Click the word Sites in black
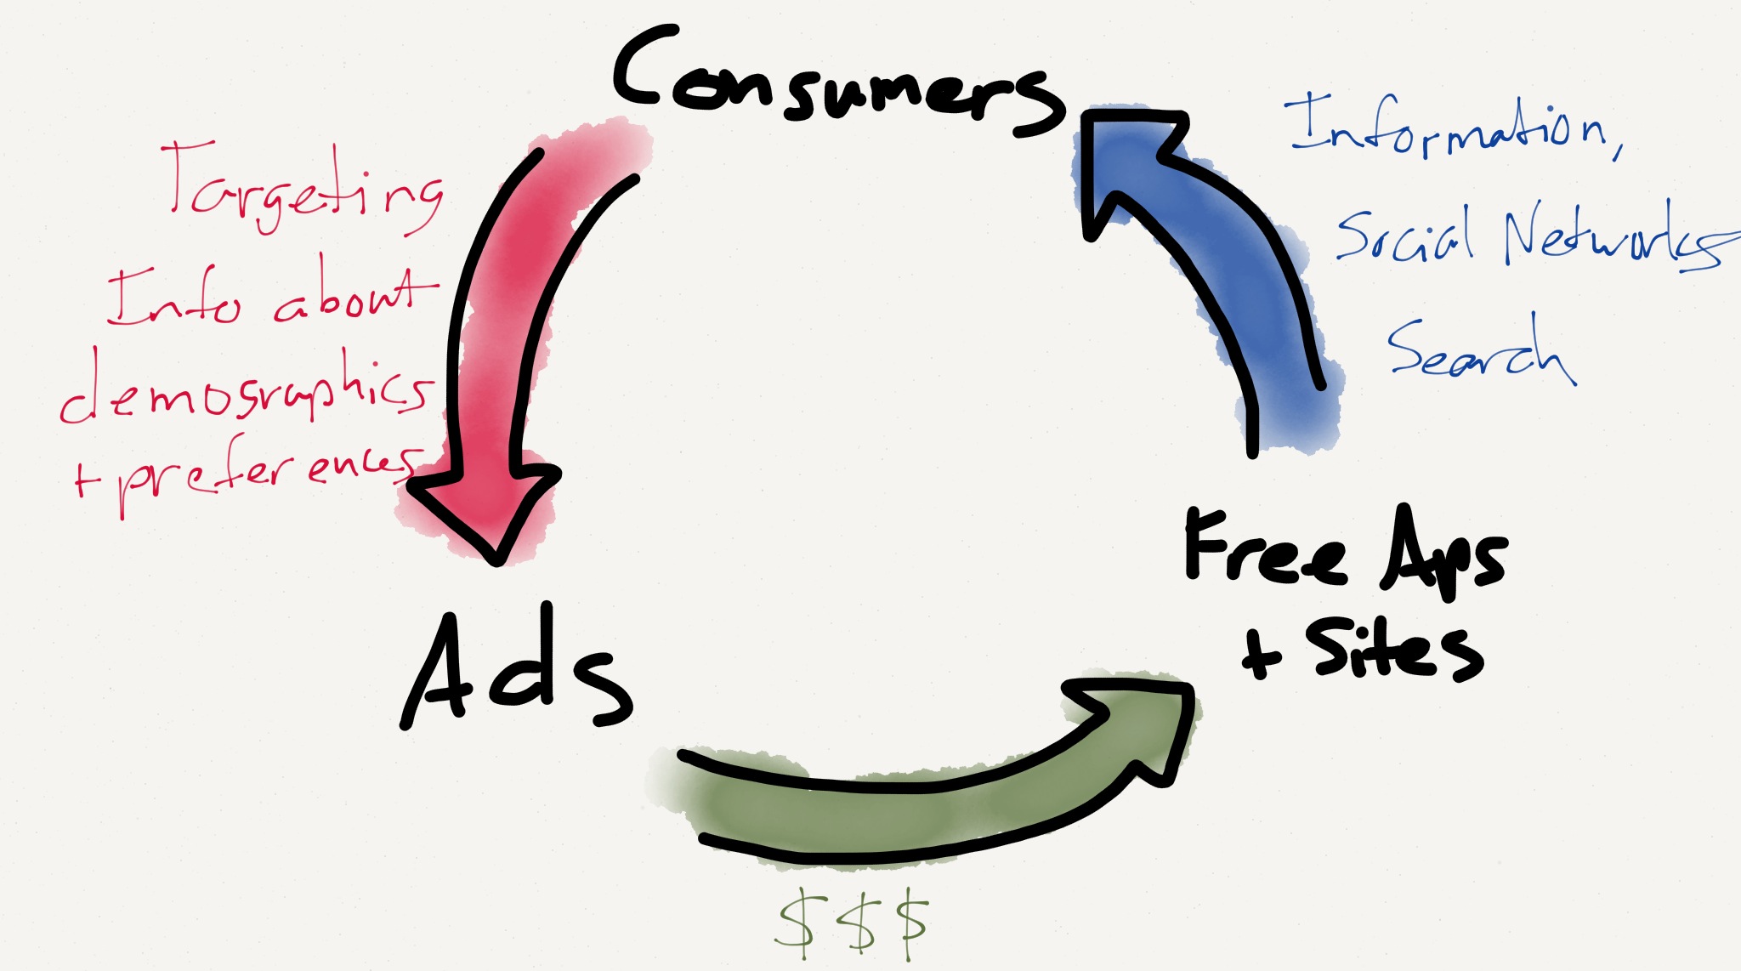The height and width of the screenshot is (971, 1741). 1394,650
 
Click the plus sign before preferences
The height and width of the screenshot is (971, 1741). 85,480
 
